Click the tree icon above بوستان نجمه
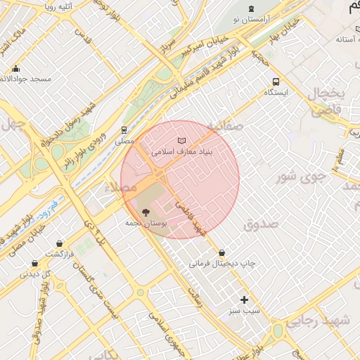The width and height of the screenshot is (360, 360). click(146, 211)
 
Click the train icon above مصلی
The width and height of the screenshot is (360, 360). click(124, 130)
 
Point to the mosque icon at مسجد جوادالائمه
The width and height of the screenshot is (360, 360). click(15, 69)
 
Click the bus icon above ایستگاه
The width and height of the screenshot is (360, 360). click(276, 82)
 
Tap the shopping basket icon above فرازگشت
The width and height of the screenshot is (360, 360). click(60, 243)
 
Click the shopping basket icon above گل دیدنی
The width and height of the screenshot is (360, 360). click(34, 264)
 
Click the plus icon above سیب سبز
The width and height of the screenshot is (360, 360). click(244, 300)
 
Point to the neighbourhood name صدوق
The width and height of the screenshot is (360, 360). click(262, 224)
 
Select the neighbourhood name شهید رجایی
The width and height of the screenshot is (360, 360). click(334, 320)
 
